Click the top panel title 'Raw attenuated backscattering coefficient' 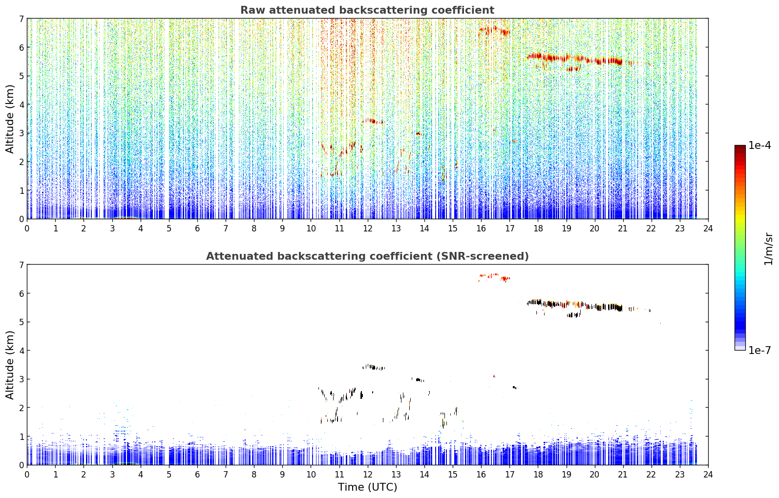pos(367,10)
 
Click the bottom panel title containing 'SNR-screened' pos(367,256)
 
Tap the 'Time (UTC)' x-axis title pos(367,487)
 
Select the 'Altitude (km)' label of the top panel pos(10,119)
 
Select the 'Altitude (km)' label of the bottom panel pos(10,365)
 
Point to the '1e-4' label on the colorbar pos(759,145)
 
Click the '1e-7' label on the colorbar pos(759,350)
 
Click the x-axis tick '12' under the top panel pos(368,228)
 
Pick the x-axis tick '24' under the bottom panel pos(708,475)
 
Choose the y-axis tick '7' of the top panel pos(21,19)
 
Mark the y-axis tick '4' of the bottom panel pos(21,351)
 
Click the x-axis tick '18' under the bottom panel pos(538,475)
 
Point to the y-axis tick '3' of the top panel pos(21,133)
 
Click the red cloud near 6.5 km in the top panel pos(494,31)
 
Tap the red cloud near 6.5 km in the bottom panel pos(494,277)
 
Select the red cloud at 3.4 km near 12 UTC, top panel pos(373,121)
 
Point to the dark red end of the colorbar pos(740,148)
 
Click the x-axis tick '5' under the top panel pos(169,228)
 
